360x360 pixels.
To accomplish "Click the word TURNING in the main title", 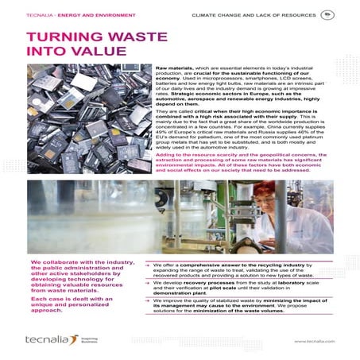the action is (x=57, y=38).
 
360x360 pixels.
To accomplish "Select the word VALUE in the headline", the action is (x=84, y=52).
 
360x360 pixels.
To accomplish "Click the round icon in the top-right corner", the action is (x=327, y=14).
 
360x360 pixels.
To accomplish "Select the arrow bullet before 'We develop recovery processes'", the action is (x=149, y=281).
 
